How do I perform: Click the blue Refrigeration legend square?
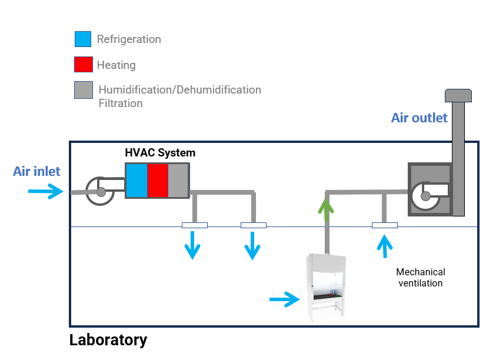point(83,39)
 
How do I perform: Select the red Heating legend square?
point(84,65)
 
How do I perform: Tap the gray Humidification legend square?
point(84,90)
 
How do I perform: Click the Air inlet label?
point(36,171)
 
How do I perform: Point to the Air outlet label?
point(419,118)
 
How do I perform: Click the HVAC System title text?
point(160,153)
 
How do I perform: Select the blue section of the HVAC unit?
point(137,181)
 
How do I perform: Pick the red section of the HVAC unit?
point(158,181)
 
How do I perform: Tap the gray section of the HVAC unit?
point(178,181)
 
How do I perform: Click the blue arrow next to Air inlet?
point(45,191)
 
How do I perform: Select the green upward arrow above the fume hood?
point(326,210)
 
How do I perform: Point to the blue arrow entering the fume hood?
point(285,299)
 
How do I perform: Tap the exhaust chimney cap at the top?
point(458,95)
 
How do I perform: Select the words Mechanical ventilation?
point(421,278)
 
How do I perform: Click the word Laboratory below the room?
point(108,340)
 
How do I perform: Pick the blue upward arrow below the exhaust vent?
point(385,246)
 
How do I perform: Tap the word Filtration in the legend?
point(121,103)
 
